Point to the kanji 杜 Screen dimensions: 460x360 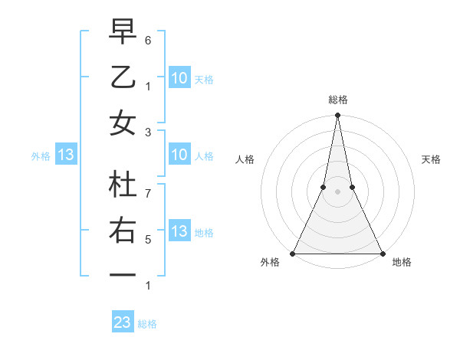click(123, 185)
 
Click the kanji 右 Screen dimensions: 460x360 click(123, 231)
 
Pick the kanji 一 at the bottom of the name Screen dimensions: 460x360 click(123, 275)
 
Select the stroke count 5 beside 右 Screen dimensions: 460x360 click(148, 240)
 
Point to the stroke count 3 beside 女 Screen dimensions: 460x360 click(148, 132)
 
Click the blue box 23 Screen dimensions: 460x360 click(123, 322)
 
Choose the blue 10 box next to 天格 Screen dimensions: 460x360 click(179, 77)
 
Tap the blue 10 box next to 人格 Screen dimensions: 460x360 click(179, 155)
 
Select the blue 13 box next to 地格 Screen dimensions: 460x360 click(179, 231)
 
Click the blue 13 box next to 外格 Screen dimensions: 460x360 click(66, 155)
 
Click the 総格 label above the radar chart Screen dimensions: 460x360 click(337, 100)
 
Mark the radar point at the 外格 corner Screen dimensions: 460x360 click(293, 254)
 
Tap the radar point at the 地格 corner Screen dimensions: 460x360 click(382, 254)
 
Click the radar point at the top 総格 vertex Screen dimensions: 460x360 click(337, 116)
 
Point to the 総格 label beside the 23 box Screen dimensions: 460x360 click(148, 323)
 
